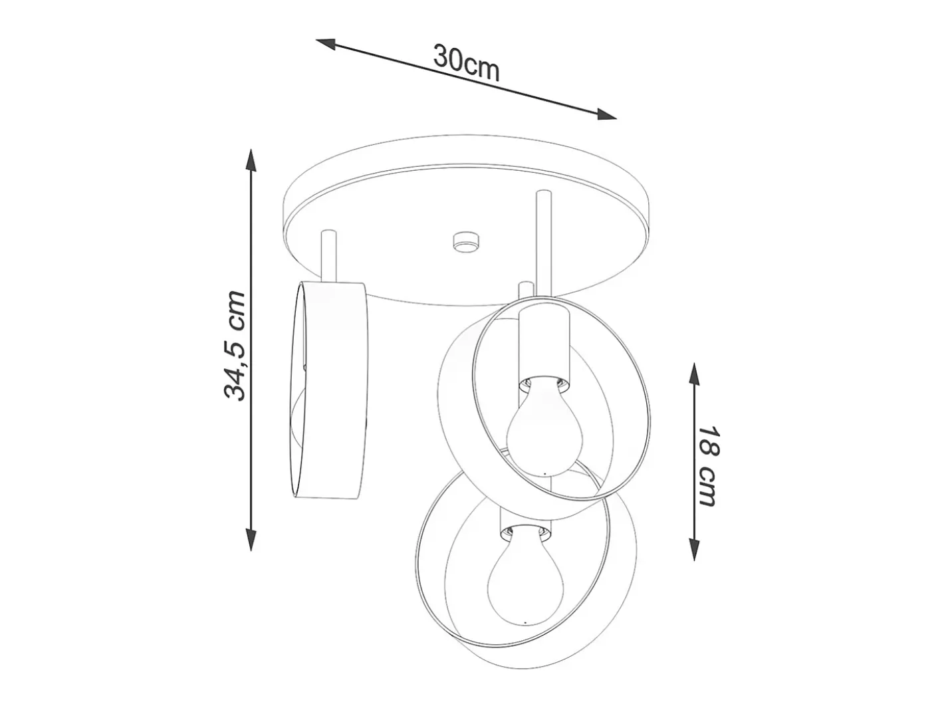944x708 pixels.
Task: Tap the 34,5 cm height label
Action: (235, 346)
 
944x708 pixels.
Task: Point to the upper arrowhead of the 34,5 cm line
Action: (251, 161)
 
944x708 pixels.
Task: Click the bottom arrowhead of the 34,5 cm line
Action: (251, 538)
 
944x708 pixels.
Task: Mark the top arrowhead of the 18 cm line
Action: (693, 376)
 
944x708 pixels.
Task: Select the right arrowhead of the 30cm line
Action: (606, 114)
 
